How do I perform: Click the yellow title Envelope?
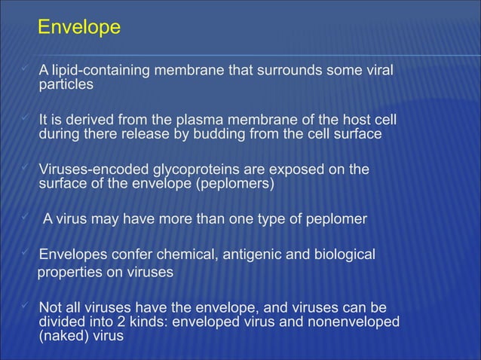(x=78, y=28)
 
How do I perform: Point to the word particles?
(x=66, y=84)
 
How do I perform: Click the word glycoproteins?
(x=197, y=170)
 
